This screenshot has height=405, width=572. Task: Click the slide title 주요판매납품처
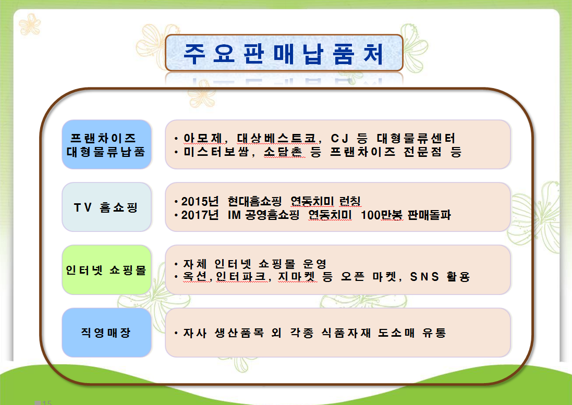click(284, 54)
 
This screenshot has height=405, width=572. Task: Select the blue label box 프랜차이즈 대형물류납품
click(106, 144)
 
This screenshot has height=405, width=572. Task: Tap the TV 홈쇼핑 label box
click(106, 207)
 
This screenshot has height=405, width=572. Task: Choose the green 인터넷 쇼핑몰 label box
click(106, 270)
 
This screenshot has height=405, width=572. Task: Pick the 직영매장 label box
click(106, 333)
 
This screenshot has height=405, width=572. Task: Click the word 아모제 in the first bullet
click(203, 138)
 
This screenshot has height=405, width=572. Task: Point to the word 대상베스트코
click(276, 138)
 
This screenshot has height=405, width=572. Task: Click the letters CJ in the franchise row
click(339, 139)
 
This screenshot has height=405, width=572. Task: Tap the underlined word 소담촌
click(283, 152)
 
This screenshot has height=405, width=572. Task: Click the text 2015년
click(200, 201)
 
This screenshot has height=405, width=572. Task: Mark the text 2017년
click(200, 215)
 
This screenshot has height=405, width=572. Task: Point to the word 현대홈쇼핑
click(254, 201)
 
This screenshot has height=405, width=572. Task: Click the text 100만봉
click(382, 215)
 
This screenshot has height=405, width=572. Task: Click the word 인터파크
click(241, 277)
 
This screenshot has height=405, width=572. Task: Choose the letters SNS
click(424, 277)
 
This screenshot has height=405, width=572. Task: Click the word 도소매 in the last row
click(396, 333)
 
